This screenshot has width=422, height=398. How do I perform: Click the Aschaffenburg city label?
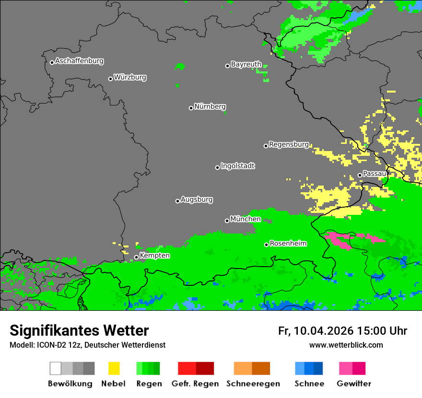coord(79,61)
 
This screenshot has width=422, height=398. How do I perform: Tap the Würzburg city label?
coord(130,77)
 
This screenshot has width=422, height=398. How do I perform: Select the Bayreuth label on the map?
coord(246,64)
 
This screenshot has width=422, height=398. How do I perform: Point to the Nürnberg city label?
coord(210,106)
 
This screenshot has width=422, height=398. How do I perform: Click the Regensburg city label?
coord(289,144)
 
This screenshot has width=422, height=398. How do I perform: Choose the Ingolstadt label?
coord(238,166)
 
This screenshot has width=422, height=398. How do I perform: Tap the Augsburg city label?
coord(197,199)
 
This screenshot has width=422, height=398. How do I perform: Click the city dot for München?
coord(227,221)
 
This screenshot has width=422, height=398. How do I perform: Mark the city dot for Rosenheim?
coord(267,245)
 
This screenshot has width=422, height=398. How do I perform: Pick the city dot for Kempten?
coord(137,257)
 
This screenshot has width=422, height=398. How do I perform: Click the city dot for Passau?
coord(360,175)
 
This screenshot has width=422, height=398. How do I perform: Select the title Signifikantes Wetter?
coord(79,330)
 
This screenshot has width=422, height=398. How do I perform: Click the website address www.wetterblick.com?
coord(346,345)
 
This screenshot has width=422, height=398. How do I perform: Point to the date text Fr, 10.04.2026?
coord(316,331)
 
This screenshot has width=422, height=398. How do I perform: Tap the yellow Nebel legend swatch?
coord(114,368)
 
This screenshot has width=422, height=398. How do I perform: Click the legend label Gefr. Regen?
coord(195,384)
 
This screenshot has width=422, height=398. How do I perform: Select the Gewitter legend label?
coord(354,384)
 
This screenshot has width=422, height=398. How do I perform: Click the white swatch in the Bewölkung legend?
coord(56,368)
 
